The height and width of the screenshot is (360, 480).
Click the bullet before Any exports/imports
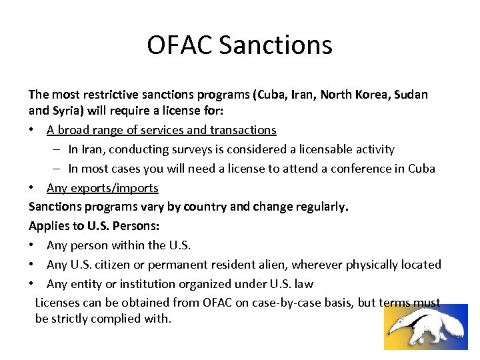coord(33,188)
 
